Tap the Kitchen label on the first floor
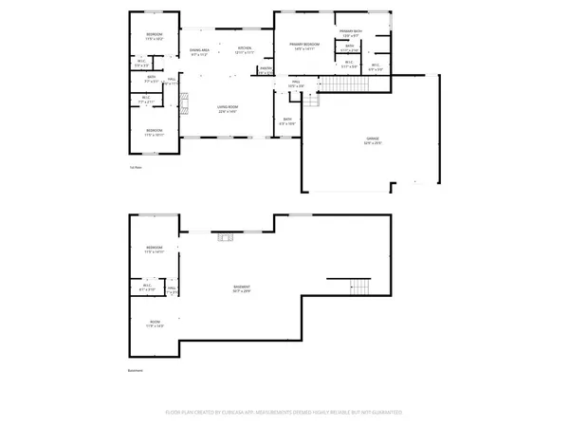click(244, 49)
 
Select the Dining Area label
click(198, 51)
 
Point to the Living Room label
click(227, 108)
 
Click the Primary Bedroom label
click(304, 46)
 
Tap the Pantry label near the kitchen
click(266, 69)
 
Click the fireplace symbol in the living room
click(186, 102)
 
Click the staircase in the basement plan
click(359, 286)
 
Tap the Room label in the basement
click(155, 324)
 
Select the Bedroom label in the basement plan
click(154, 250)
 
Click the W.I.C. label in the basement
click(147, 288)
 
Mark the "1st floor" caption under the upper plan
click(136, 168)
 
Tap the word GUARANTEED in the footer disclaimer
click(385, 413)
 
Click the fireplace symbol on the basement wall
click(224, 236)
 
